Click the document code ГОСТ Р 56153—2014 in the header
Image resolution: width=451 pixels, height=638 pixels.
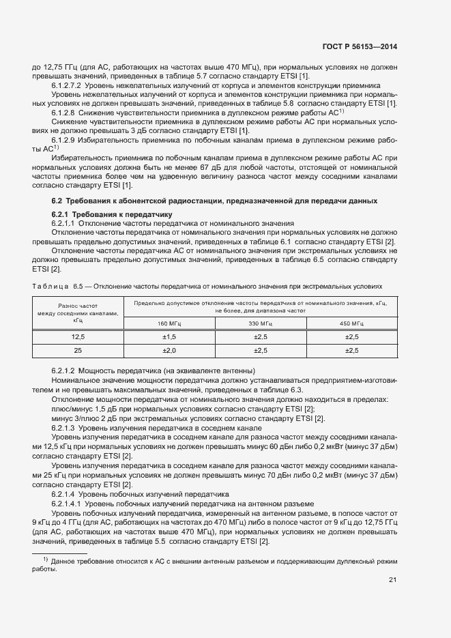(360, 46)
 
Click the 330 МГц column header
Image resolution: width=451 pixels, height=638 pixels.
(261, 323)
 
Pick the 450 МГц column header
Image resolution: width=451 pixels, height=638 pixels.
(351, 323)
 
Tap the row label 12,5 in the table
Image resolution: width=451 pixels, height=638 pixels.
(78, 337)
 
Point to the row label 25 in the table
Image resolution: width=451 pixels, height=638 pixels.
(78, 350)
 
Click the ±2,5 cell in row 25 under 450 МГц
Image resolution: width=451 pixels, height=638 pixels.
(351, 350)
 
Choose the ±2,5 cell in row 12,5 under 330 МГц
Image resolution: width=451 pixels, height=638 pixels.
(261, 337)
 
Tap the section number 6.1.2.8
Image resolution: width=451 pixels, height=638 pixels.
(63, 111)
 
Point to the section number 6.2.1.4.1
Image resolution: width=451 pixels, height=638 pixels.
(68, 502)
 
